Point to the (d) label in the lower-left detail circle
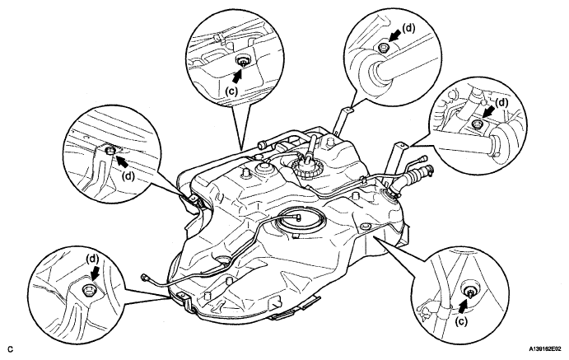coord(92,257)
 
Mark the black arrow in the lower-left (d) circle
coord(92,273)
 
